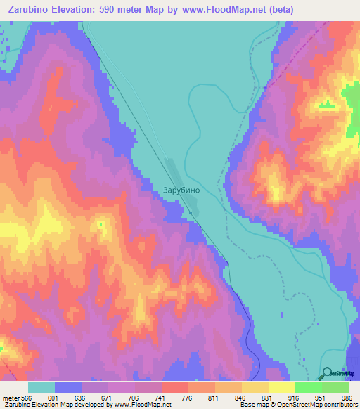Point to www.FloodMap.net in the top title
point(214,9)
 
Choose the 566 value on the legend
point(27,398)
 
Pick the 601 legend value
point(54,398)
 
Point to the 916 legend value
point(295,398)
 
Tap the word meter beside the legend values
point(9,398)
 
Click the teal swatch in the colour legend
point(41,387)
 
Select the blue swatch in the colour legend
point(68,387)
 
